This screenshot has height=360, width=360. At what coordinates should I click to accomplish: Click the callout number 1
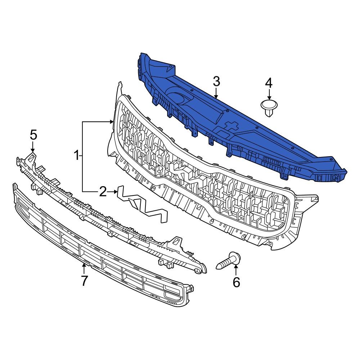point(76,156)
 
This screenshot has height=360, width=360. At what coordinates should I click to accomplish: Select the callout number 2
point(103,192)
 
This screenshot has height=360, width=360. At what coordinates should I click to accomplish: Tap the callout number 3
point(216,82)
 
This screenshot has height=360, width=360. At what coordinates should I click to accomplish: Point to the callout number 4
point(269,83)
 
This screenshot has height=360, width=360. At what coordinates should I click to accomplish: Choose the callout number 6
point(236,283)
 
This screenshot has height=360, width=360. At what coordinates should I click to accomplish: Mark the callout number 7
point(84,280)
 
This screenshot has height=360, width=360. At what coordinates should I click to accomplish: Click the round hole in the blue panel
point(179,98)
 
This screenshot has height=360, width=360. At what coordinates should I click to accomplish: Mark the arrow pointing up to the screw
point(236,270)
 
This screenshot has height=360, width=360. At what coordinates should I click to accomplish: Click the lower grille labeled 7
point(101,248)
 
